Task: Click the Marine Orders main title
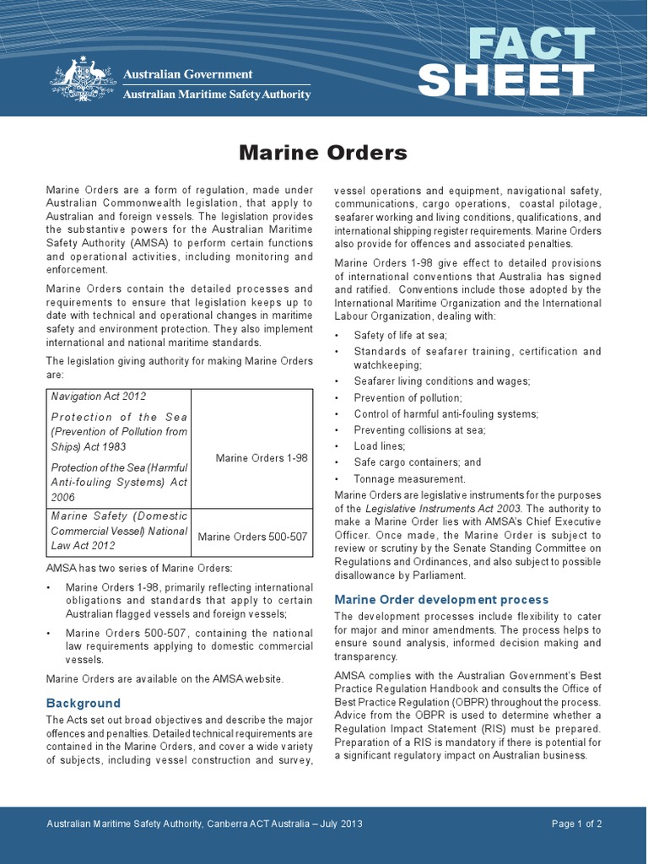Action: (x=323, y=153)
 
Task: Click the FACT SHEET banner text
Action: (x=506, y=62)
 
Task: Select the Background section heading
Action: (x=84, y=703)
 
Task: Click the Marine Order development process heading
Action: (x=441, y=599)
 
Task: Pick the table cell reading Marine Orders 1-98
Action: (x=262, y=458)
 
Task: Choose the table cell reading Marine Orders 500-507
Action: (x=252, y=537)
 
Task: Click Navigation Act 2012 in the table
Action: (x=99, y=397)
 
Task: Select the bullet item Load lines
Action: (x=380, y=445)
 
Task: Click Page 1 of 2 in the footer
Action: (x=576, y=824)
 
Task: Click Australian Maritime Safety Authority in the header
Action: (x=217, y=94)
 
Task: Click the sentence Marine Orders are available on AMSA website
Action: (x=165, y=678)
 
